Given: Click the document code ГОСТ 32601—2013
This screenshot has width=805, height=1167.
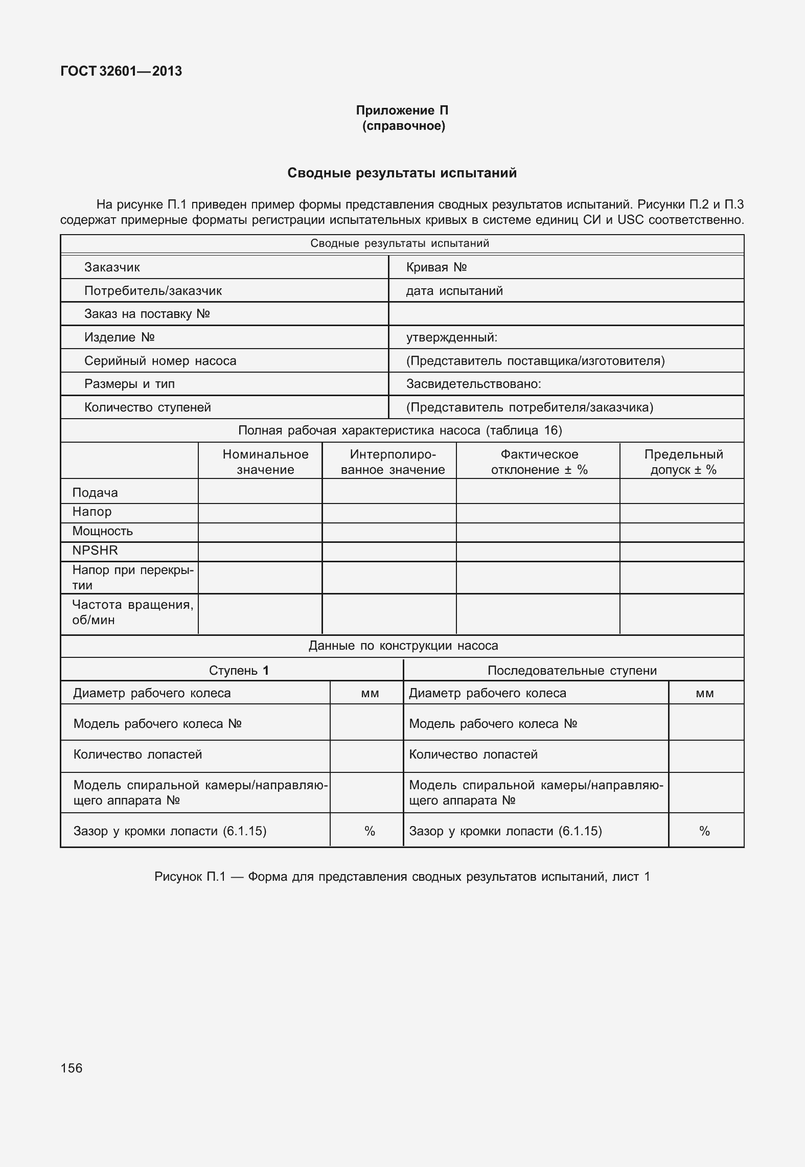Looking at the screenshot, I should [x=121, y=71].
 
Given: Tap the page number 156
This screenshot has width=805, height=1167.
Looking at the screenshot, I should [x=72, y=1068].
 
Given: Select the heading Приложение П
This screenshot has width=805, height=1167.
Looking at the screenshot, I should [x=402, y=110].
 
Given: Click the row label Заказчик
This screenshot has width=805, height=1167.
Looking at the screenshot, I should [x=112, y=267].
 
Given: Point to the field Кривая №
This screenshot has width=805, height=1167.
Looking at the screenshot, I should [x=436, y=267].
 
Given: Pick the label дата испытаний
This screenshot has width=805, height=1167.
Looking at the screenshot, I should [x=454, y=291].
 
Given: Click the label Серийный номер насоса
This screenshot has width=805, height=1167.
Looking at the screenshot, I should [x=160, y=361].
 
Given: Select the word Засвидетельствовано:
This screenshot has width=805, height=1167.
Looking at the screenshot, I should [x=473, y=384].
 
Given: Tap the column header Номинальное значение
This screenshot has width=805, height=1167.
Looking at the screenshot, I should [x=265, y=462].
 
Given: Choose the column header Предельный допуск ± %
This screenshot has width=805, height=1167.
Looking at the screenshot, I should [x=683, y=462].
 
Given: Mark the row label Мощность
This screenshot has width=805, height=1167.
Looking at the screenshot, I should [x=102, y=531].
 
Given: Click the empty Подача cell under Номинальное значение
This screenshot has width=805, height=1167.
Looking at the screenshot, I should [x=260, y=492].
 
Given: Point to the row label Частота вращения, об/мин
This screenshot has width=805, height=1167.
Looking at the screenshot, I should [x=132, y=612].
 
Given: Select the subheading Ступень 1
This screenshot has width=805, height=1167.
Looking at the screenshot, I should [x=239, y=671].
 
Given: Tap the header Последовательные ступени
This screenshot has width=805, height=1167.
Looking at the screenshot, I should [x=572, y=671].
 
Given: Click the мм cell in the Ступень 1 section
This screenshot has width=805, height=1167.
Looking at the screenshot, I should [x=370, y=694].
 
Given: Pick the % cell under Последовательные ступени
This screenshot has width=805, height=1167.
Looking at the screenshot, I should [x=705, y=831].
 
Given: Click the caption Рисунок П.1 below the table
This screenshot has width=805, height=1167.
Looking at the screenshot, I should [x=402, y=877].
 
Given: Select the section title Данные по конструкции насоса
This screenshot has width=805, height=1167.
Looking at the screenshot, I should [x=403, y=646].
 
